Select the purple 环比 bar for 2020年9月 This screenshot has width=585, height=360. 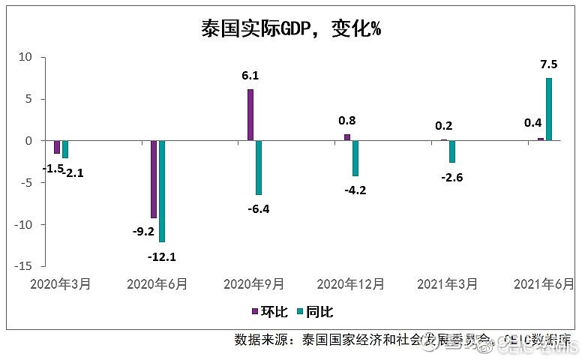click(250, 115)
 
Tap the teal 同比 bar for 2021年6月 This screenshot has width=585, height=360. click(549, 109)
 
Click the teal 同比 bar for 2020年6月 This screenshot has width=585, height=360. click(162, 191)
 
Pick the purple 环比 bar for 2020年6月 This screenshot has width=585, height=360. click(154, 179)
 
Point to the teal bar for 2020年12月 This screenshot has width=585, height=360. click(355, 158)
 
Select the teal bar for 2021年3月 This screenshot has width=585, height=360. click(452, 151)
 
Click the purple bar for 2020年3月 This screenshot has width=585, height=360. click(57, 147)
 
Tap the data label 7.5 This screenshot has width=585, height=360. click(549, 64)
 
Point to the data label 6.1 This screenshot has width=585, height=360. click(250, 76)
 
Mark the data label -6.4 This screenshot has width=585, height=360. click(258, 209)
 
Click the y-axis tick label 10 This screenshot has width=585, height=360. click(25, 57)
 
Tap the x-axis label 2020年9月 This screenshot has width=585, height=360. click(254, 284)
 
